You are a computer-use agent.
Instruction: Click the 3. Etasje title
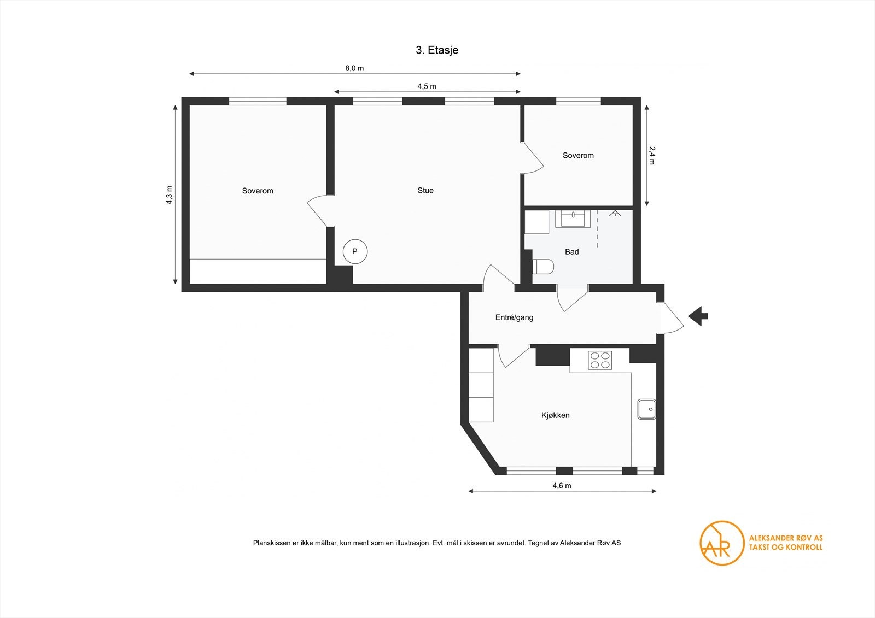[x=436, y=50]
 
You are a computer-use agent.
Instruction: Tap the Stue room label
[x=425, y=191]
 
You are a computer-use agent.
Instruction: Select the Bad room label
[x=571, y=252]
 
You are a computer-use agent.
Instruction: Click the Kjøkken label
[x=556, y=415]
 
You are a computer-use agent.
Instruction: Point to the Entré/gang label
[x=514, y=317]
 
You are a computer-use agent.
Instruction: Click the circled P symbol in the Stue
[x=355, y=252]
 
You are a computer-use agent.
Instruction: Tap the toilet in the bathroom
[x=543, y=267]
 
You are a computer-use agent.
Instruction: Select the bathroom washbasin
[x=573, y=218]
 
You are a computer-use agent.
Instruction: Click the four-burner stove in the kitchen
[x=600, y=361]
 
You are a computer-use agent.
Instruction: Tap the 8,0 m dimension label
[x=354, y=68]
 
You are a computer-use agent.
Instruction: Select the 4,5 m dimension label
[x=427, y=86]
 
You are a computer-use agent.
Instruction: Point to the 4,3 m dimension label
[x=170, y=195]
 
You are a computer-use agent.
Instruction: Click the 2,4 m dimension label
[x=651, y=155]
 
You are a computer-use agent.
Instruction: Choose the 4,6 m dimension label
[x=562, y=485]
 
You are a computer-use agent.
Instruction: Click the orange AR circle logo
[x=722, y=543]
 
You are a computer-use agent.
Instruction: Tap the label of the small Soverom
[x=578, y=156]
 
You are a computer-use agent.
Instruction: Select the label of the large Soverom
[x=258, y=191]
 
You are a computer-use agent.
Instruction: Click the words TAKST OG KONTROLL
[x=785, y=547]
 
